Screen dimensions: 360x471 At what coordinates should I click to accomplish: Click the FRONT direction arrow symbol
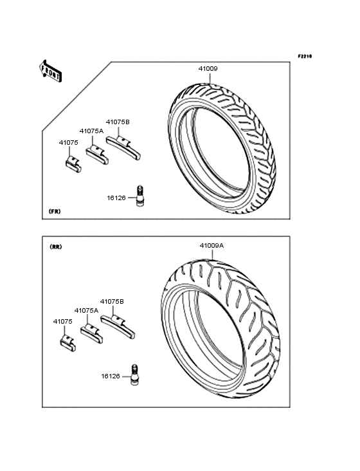[50, 71]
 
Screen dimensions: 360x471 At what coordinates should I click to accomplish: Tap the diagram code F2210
[305, 56]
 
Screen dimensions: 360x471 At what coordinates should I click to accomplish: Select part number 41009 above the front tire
[208, 68]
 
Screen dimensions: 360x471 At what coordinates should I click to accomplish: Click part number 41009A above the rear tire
[212, 245]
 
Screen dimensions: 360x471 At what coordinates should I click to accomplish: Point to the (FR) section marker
[55, 212]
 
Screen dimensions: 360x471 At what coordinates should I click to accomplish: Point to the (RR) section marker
[55, 247]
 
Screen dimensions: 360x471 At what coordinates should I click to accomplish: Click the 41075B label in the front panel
[118, 122]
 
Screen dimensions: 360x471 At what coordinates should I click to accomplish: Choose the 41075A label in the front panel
[91, 131]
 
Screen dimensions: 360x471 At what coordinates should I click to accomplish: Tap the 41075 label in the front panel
[68, 142]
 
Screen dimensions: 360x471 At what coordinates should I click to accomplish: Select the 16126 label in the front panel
[116, 198]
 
